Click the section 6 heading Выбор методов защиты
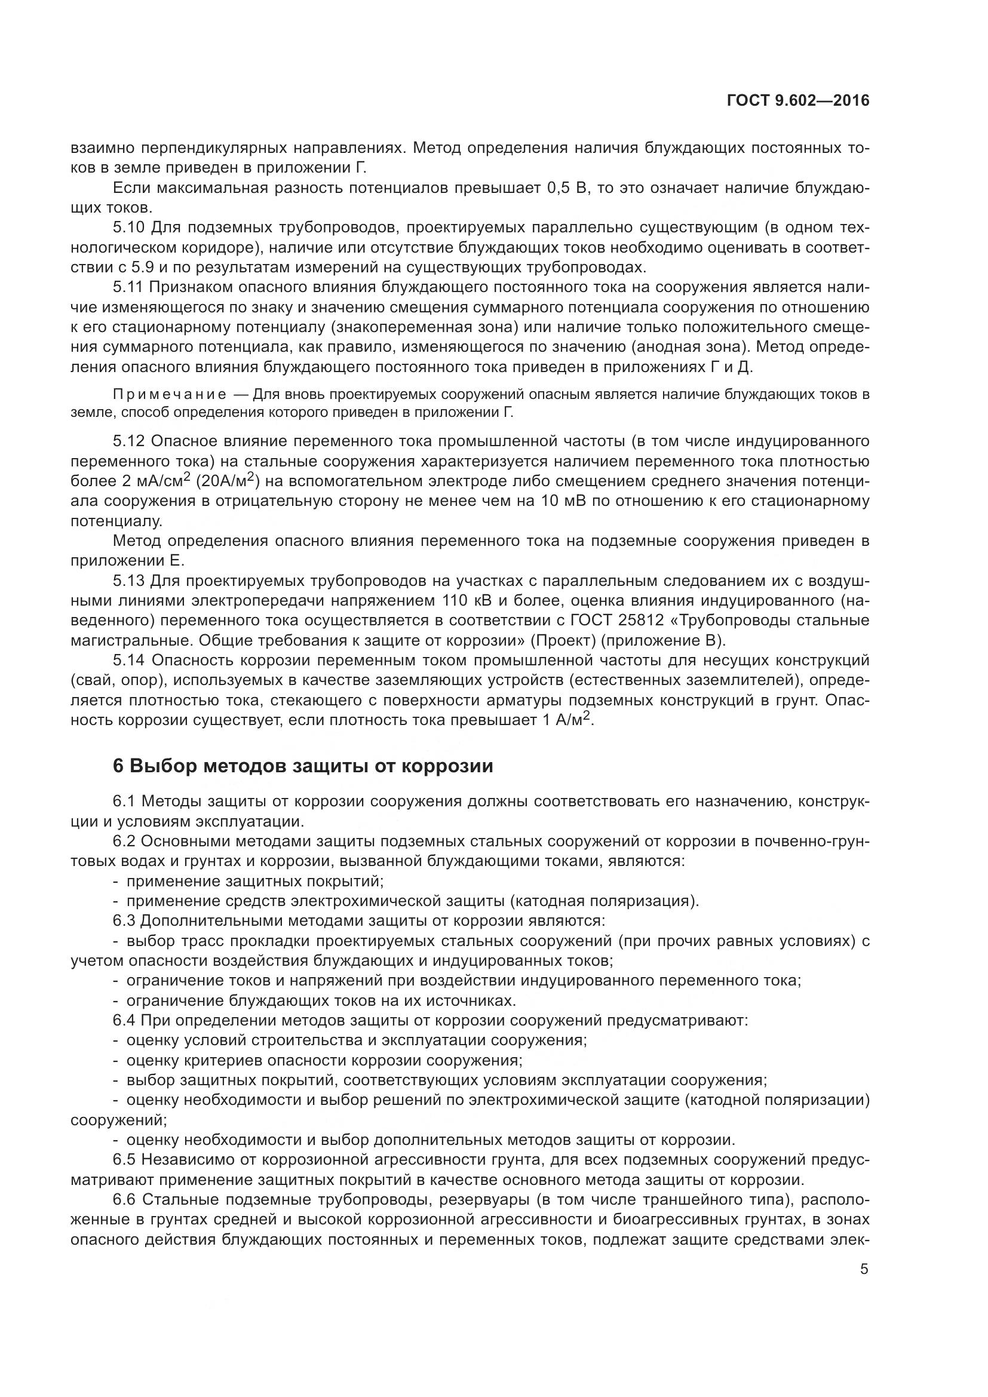click(x=302, y=766)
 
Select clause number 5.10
click(x=129, y=228)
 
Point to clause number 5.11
click(x=128, y=288)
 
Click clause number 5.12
click(x=128, y=441)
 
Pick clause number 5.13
click(x=128, y=581)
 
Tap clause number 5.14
click(x=128, y=661)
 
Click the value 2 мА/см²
click(x=157, y=481)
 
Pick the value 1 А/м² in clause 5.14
click(x=570, y=720)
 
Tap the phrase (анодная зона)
click(x=691, y=348)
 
